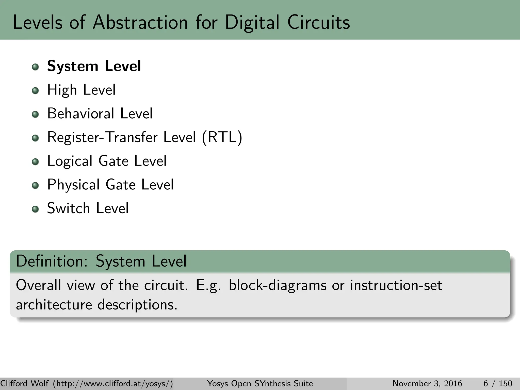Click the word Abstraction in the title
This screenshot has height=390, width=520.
(x=140, y=22)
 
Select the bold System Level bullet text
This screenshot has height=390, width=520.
(x=94, y=66)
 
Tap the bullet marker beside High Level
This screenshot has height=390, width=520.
(x=35, y=91)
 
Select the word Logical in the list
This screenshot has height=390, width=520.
(x=70, y=161)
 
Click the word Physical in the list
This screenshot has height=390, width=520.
(x=73, y=185)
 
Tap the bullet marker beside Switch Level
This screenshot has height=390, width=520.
(x=35, y=209)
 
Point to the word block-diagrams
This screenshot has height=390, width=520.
(x=278, y=285)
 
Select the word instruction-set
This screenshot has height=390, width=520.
(x=396, y=285)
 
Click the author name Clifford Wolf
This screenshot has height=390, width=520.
(x=25, y=383)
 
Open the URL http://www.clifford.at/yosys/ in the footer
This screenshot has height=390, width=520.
(x=113, y=383)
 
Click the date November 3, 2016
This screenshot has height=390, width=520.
(x=427, y=383)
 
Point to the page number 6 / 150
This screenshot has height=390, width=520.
(x=498, y=383)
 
